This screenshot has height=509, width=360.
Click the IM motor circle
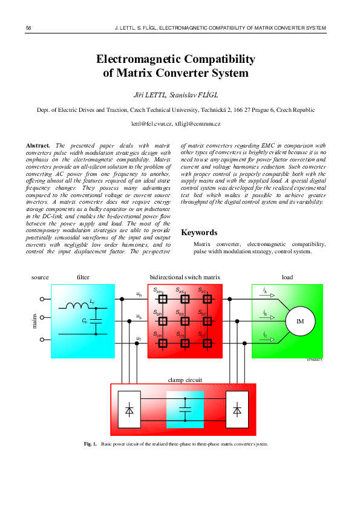click(x=299, y=321)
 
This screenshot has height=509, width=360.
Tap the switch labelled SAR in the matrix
click(x=162, y=299)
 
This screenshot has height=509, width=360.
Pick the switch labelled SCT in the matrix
click(x=208, y=342)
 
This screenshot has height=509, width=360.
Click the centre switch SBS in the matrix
click(x=185, y=320)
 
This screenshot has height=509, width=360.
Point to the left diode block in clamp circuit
click(x=129, y=409)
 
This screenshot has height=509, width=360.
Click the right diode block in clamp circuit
click(x=237, y=409)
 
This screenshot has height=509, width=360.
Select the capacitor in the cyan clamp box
click(x=185, y=410)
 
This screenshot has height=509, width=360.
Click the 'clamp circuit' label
click(x=185, y=380)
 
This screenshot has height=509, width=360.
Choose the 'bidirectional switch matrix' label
click(x=185, y=277)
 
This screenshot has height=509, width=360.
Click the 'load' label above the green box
click(x=287, y=277)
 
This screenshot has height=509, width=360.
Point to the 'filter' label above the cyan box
click(x=83, y=277)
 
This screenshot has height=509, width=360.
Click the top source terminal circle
click(x=42, y=299)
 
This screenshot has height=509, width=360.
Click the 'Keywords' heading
click(x=199, y=232)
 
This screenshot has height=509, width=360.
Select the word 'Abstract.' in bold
click(x=38, y=146)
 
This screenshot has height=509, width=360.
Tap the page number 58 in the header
click(x=29, y=28)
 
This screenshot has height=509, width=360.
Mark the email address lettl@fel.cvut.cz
click(x=151, y=124)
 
